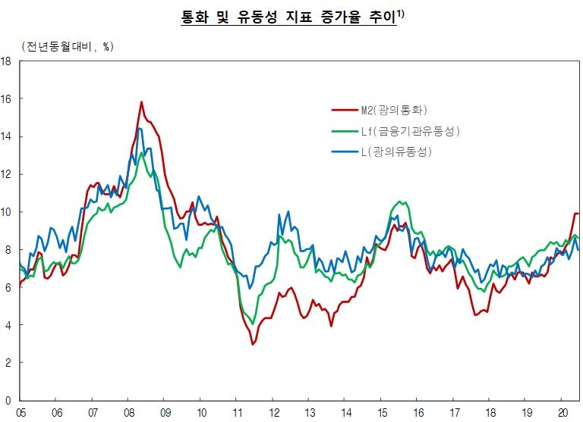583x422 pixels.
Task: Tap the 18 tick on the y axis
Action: pos(6,61)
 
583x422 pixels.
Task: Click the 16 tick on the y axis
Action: pos(6,99)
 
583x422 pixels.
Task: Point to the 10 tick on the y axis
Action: pos(6,212)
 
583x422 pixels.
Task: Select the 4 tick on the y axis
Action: pos(7,325)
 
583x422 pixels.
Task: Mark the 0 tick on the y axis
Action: pos(7,400)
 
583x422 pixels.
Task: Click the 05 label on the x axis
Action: pos(21,411)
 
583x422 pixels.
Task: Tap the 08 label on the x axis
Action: pos(129,411)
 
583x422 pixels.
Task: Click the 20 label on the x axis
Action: pos(562,411)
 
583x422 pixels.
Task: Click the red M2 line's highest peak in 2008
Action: pos(141,102)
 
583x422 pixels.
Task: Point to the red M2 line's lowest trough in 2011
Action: pos(253,344)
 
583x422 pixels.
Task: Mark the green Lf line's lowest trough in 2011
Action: pos(253,324)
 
